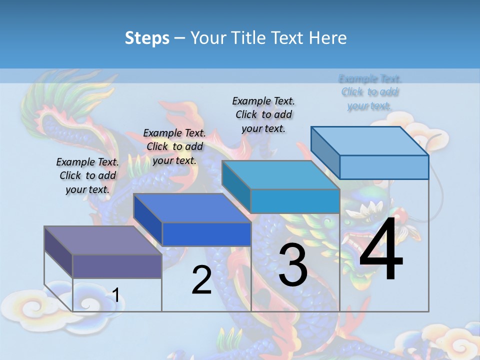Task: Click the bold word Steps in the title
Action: point(147,38)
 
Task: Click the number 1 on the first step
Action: point(115,295)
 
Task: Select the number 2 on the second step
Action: point(201,280)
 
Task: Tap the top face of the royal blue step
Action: point(192,208)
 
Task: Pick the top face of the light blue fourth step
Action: point(370,141)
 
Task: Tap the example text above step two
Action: point(174,147)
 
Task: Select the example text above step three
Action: point(263,115)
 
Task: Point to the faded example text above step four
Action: point(369,92)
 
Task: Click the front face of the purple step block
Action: point(117,266)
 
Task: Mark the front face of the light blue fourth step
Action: point(384,167)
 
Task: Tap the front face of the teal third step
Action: point(295,201)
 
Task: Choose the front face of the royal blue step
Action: point(206,234)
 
